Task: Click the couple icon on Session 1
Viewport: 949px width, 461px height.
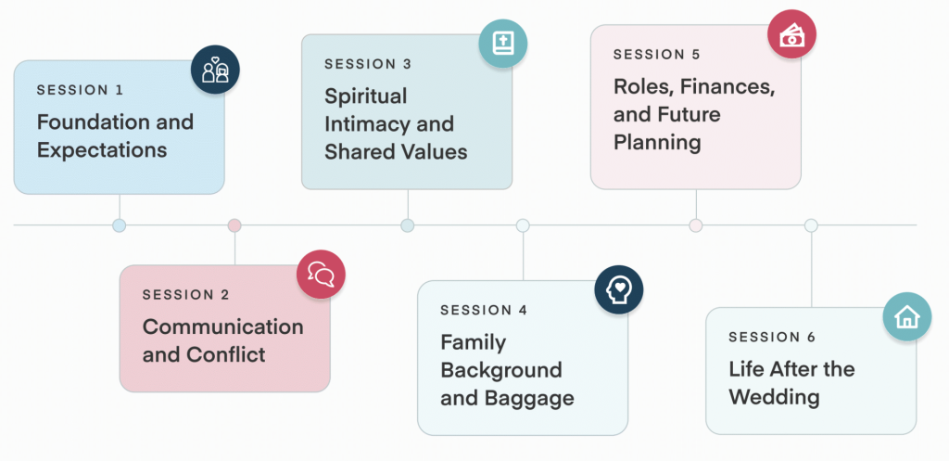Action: point(215,70)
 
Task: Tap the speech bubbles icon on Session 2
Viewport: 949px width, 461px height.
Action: point(321,275)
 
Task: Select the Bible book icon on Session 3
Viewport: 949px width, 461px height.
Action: point(503,44)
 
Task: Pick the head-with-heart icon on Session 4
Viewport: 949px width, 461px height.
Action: point(618,289)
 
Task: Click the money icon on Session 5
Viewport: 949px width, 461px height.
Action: point(791,34)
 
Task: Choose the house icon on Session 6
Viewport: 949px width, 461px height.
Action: point(906,317)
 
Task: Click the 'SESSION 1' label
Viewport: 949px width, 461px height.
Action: point(80,90)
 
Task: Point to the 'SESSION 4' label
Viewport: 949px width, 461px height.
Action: point(484,310)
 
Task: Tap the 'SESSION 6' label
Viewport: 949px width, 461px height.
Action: point(772,338)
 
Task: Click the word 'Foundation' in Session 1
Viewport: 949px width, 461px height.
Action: point(88,122)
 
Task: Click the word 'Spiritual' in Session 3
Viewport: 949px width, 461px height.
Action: point(365,96)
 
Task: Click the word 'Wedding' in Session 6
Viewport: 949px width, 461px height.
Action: point(774,397)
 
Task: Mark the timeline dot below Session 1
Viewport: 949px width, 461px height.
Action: point(120,225)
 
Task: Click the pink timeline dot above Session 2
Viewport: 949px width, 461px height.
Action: point(234,225)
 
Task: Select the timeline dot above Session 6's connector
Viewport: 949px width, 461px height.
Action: point(811,225)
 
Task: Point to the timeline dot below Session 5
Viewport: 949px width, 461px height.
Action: point(696,225)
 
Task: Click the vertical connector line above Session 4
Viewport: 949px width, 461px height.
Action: point(523,256)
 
